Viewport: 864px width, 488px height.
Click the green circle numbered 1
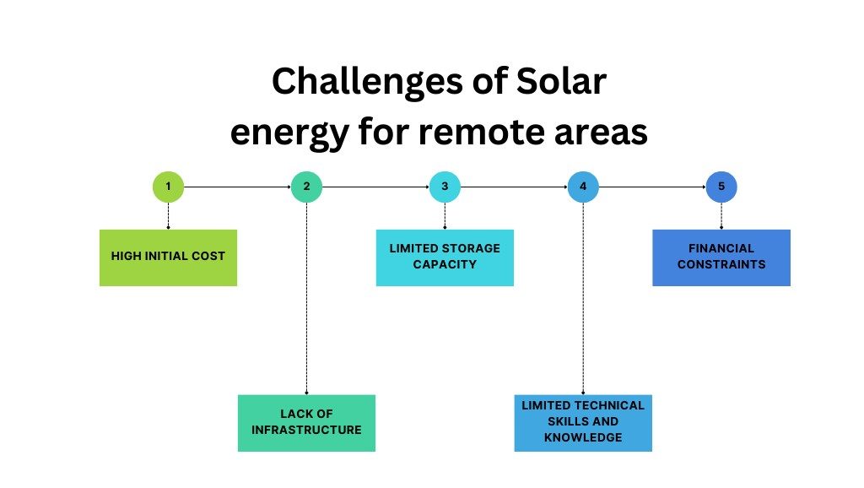pyautogui.click(x=168, y=186)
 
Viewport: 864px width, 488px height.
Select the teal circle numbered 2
pyautogui.click(x=306, y=186)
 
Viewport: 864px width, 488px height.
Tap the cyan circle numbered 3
pyautogui.click(x=445, y=186)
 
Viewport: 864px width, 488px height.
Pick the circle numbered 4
pyautogui.click(x=583, y=186)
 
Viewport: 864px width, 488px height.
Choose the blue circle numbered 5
pyautogui.click(x=721, y=186)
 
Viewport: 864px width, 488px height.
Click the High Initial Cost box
pyautogui.click(x=168, y=257)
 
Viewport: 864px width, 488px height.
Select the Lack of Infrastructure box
pyautogui.click(x=306, y=422)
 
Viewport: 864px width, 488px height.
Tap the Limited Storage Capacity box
pyautogui.click(x=445, y=257)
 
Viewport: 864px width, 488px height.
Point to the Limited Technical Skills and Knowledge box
pyautogui.click(x=583, y=421)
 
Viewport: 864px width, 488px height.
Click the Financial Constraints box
pyautogui.click(x=721, y=257)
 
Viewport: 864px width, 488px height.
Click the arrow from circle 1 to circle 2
pyautogui.click(x=237, y=186)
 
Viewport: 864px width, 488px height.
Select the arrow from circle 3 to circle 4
pyautogui.click(x=514, y=186)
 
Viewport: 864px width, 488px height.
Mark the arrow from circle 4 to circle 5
pyautogui.click(x=652, y=186)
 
